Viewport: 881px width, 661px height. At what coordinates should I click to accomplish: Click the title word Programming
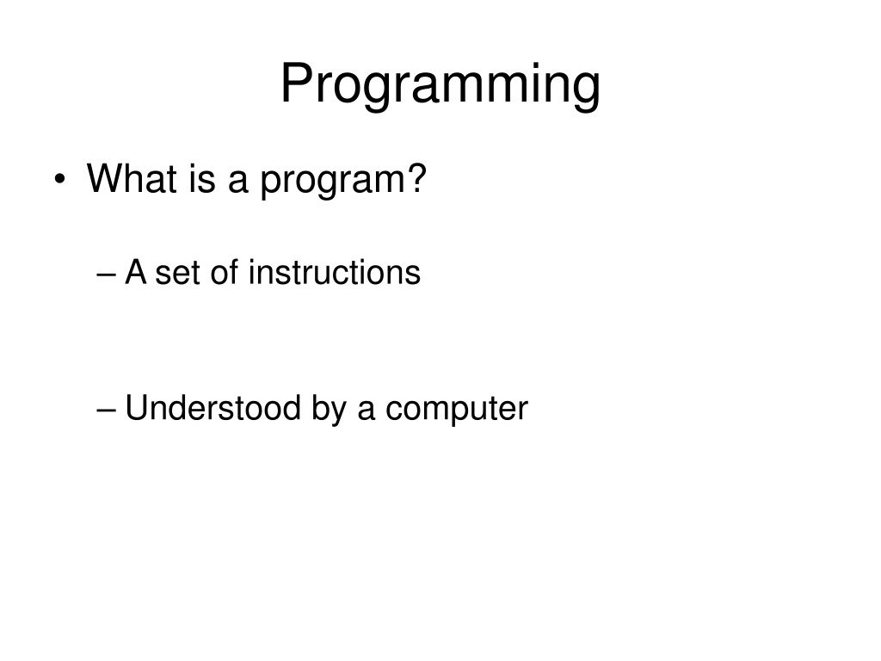click(440, 84)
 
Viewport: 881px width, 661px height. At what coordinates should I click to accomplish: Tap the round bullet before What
click(59, 179)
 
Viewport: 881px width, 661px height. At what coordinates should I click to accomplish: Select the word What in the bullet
click(132, 178)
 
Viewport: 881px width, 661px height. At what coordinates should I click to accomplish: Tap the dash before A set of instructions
click(106, 275)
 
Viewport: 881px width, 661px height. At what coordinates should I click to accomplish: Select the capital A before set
click(136, 272)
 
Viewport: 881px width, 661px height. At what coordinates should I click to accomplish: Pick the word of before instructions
click(225, 272)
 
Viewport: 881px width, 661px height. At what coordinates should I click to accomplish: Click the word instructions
click(335, 272)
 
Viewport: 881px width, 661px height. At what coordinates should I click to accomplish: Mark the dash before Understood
click(106, 410)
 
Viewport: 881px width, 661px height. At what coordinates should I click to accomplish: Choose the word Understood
click(213, 407)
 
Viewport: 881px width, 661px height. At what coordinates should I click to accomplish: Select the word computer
click(457, 411)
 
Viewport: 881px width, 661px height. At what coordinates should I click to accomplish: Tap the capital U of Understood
click(135, 407)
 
